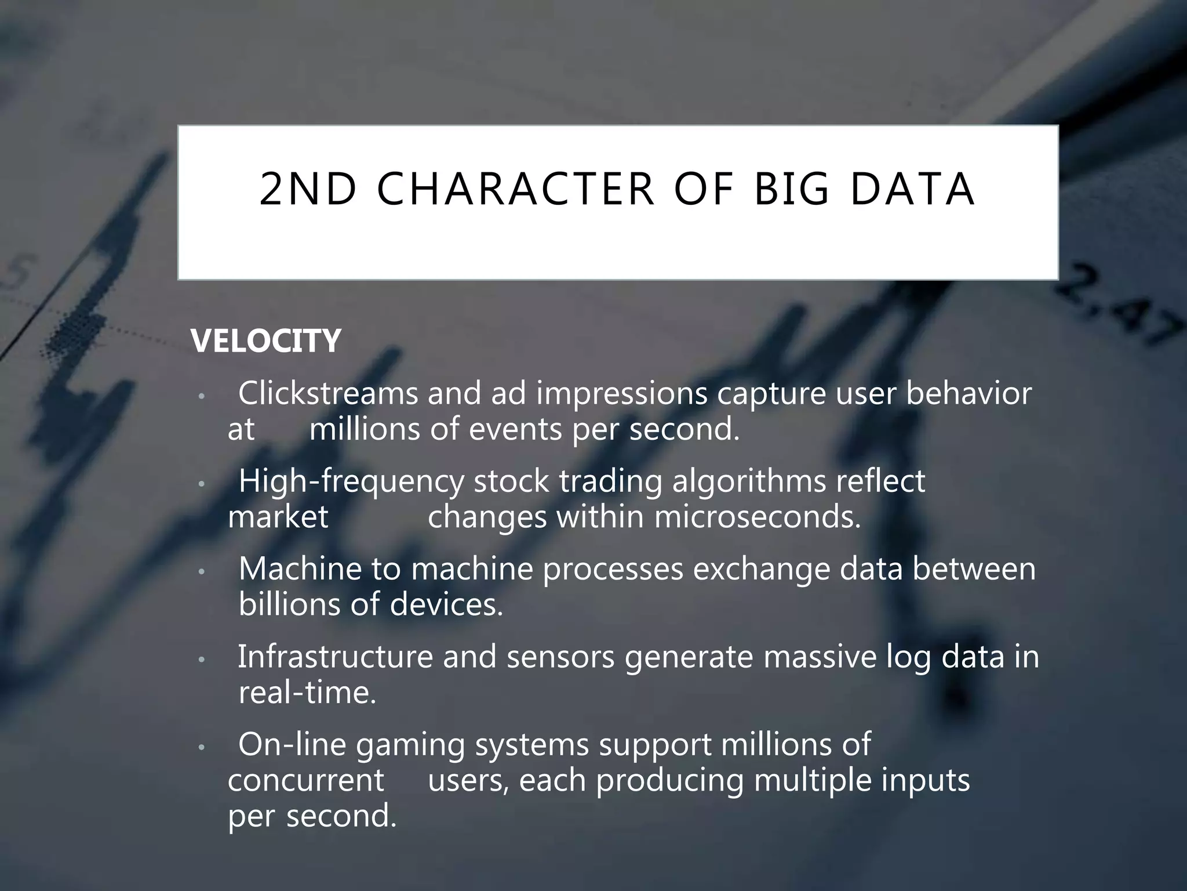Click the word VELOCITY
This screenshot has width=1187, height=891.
266,341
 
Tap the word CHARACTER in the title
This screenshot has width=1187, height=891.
515,189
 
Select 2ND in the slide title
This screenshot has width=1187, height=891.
308,189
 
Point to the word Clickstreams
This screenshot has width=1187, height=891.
328,394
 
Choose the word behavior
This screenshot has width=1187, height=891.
968,394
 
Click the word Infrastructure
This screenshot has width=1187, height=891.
336,657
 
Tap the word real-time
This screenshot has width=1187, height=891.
307,693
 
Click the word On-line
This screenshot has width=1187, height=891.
292,745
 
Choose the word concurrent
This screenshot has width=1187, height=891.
306,781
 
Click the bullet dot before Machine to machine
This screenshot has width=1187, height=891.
201,572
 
